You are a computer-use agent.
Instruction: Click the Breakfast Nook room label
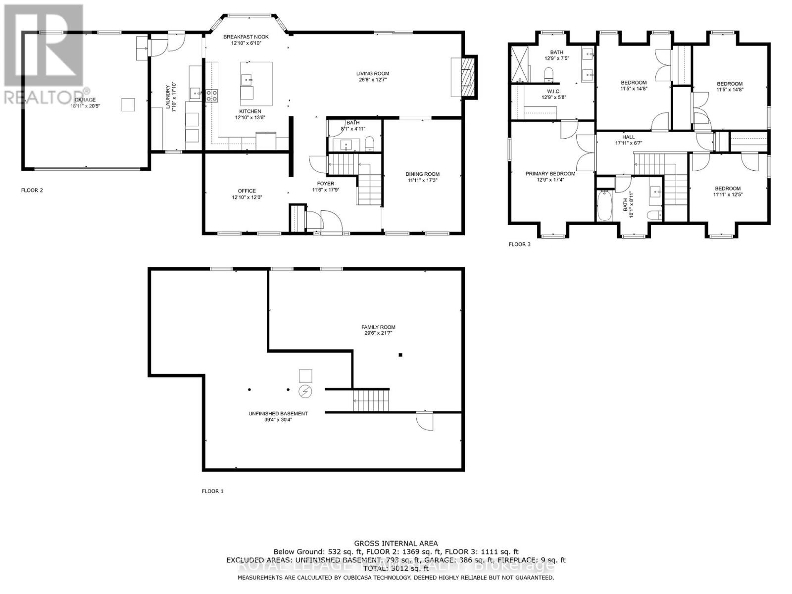point(242,37)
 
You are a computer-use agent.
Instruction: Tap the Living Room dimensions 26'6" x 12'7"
point(374,80)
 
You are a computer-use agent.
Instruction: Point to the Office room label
point(247,191)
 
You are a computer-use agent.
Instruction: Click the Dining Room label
point(422,174)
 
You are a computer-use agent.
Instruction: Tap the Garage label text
point(85,100)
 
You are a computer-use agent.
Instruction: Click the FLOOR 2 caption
point(32,190)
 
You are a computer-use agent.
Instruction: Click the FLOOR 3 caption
point(519,244)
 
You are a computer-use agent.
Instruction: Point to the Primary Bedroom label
point(550,174)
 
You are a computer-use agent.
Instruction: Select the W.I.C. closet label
point(553,91)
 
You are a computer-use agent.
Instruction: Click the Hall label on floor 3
point(628,137)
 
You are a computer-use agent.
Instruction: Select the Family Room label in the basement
point(378,327)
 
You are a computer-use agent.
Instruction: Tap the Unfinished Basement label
point(278,414)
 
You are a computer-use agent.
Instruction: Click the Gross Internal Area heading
point(396,544)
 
